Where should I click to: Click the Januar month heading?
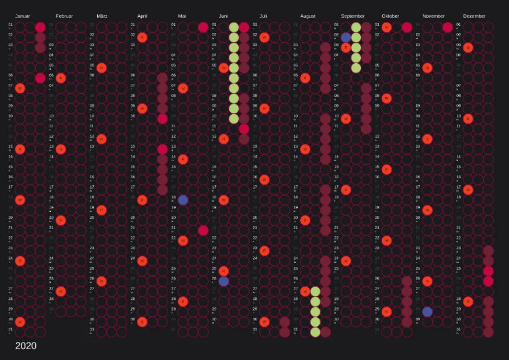point(22,16)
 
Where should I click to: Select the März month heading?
point(102,16)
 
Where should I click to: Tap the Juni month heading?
point(224,16)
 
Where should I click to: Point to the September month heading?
point(352,16)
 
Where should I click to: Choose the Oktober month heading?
point(390,16)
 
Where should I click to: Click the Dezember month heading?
point(474,16)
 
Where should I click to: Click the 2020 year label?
point(25,346)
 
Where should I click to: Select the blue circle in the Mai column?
point(183,200)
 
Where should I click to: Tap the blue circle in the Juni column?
point(224,281)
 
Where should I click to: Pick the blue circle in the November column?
point(427,311)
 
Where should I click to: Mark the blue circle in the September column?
point(346,38)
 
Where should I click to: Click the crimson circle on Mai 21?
point(203,230)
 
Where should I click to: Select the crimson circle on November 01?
point(447,27)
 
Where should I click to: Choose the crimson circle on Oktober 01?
point(407,27)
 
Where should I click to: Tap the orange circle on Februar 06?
point(61,78)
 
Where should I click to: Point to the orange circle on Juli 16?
point(264,179)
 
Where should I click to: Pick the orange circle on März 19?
point(102,210)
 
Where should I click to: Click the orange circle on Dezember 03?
point(468,47)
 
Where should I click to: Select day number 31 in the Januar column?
point(10,329)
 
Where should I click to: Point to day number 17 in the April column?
point(132,187)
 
